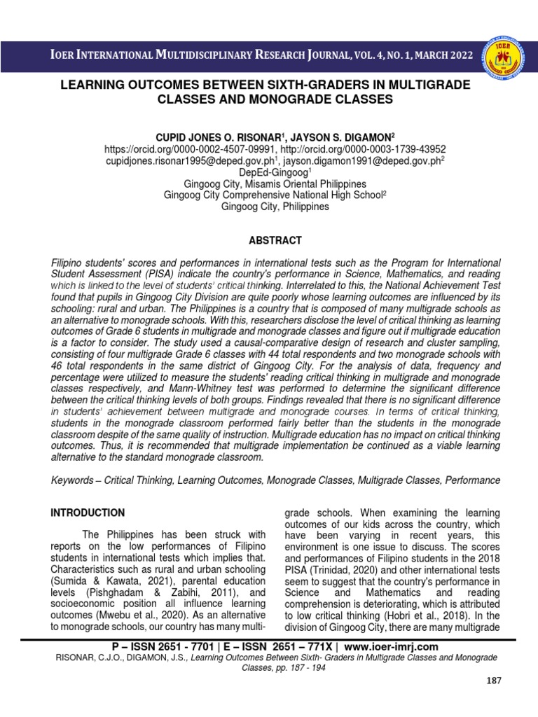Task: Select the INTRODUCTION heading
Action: tap(88, 513)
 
